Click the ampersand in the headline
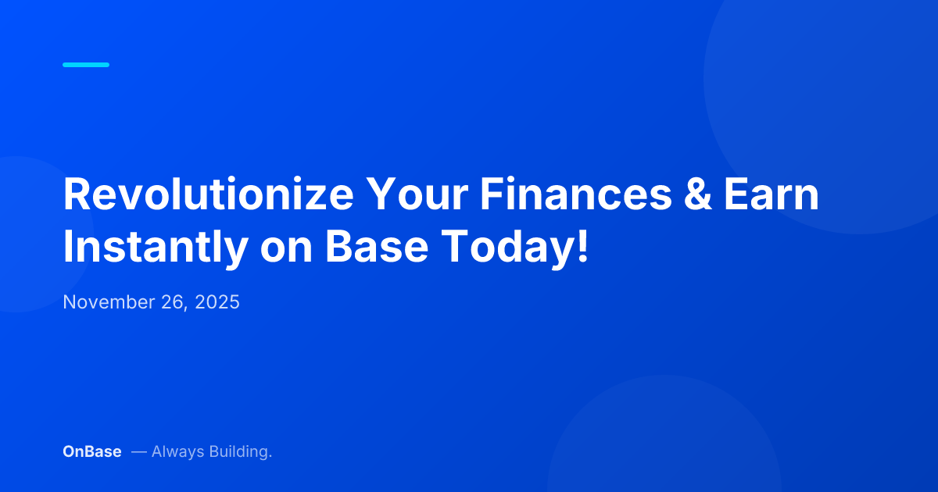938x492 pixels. coord(696,194)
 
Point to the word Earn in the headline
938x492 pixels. coord(770,194)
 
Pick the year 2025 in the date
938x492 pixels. coord(217,302)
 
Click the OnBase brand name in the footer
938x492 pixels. coord(91,451)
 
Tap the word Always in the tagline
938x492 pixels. coord(177,451)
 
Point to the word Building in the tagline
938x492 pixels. coord(240,451)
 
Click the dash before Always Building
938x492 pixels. coord(138,451)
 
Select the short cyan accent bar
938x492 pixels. coord(86,65)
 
